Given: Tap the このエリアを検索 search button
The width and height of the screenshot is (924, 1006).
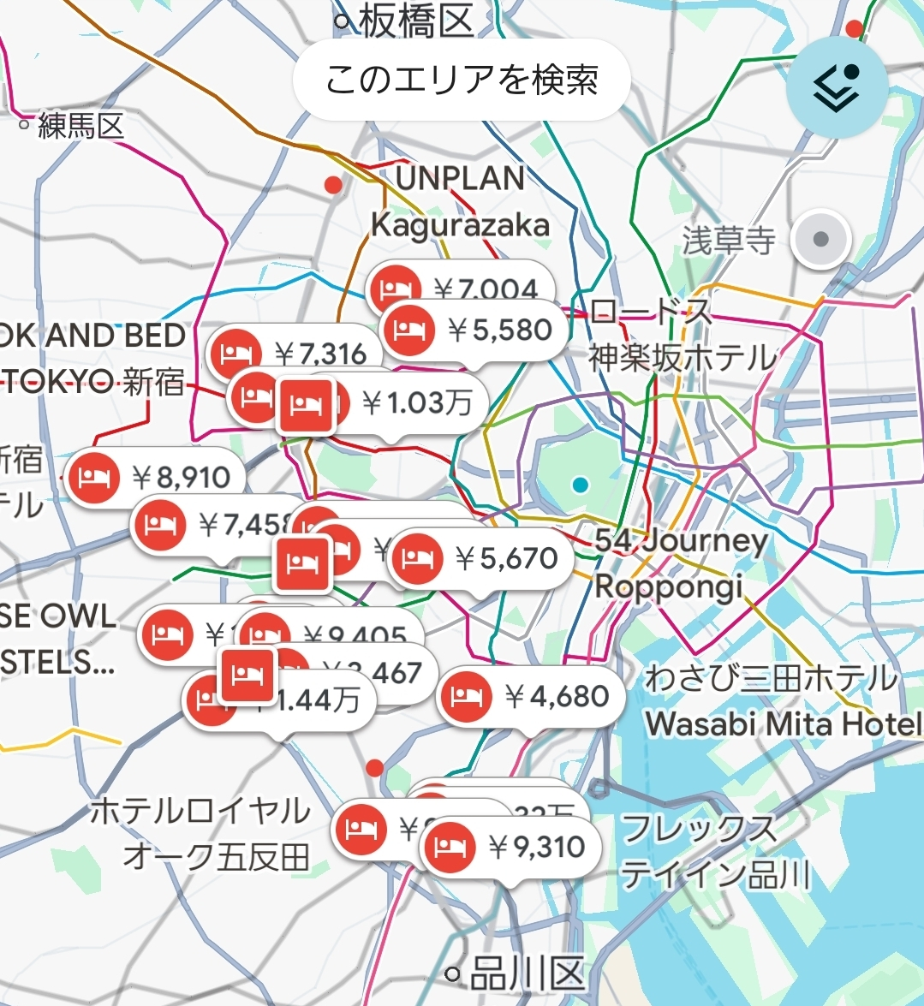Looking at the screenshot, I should pyautogui.click(x=462, y=80).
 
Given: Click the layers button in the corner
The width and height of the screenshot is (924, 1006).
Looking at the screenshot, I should pyautogui.click(x=837, y=86).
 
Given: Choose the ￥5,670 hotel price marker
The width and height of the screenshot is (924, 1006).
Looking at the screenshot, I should pyautogui.click(x=481, y=559).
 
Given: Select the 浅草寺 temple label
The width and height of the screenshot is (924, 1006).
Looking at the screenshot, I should pyautogui.click(x=729, y=241).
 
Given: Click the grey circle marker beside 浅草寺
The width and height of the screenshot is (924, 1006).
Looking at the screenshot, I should pyautogui.click(x=820, y=239).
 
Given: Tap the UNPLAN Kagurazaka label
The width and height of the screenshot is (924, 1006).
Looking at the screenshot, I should pyautogui.click(x=461, y=202).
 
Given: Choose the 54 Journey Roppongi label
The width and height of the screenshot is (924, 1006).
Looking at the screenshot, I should pyautogui.click(x=681, y=563).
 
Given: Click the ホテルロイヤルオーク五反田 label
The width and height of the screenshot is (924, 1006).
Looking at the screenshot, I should pyautogui.click(x=201, y=832).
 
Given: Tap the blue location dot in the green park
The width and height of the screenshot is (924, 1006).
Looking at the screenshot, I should pyautogui.click(x=581, y=485).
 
